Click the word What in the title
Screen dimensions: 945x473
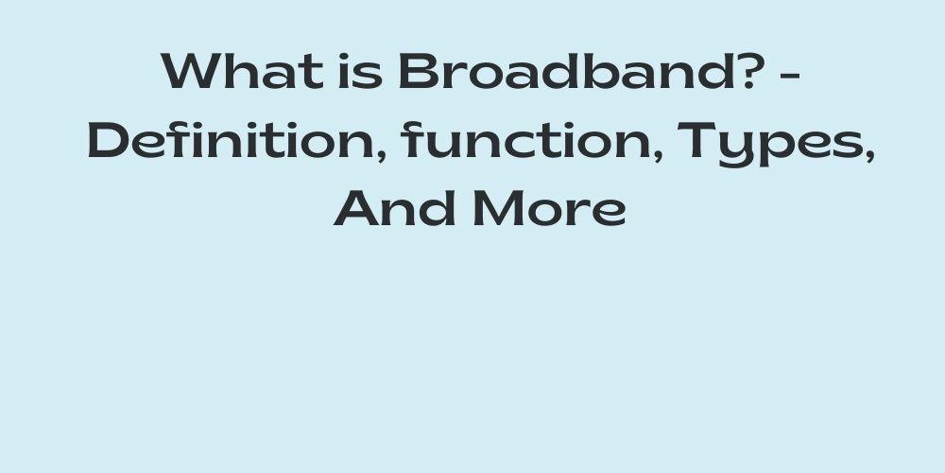coord(242,71)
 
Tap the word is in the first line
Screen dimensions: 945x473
coord(360,71)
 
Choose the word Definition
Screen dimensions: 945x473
coord(232,140)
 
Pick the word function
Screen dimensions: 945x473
coord(526,140)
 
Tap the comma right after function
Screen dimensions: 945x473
coord(658,156)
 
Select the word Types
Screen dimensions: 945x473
coord(771,144)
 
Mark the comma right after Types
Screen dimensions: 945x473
coord(869,156)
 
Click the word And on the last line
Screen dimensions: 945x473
coord(395,208)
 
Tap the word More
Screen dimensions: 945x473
coord(550,208)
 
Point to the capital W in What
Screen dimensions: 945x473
coord(191,71)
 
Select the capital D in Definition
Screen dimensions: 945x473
coord(109,140)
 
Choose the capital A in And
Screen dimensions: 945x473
coord(357,209)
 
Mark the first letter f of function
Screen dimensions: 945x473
coord(411,140)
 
